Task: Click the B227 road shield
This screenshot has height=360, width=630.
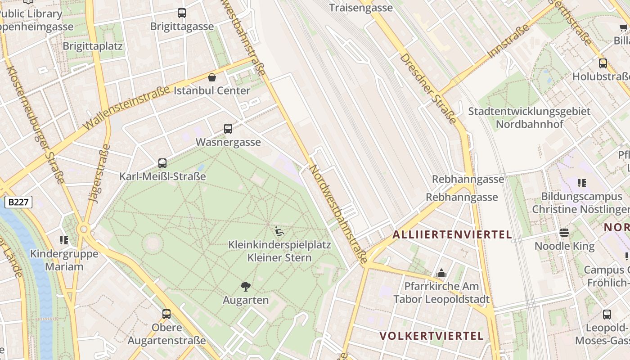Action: point(18,202)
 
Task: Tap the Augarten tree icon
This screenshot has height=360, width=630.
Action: point(246,286)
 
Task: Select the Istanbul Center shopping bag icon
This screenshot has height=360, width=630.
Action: point(212,77)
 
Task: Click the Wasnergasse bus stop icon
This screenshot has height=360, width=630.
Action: point(228,129)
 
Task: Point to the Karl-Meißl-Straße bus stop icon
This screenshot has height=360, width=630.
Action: point(162,163)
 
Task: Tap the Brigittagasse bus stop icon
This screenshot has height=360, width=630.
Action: point(182,13)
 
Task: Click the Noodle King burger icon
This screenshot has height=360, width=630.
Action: point(564,233)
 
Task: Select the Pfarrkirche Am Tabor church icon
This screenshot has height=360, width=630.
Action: point(441,273)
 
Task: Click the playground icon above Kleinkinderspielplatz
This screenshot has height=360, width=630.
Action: point(279,232)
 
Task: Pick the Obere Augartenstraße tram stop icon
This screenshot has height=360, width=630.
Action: point(166,314)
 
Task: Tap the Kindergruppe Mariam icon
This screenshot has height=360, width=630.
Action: point(64,240)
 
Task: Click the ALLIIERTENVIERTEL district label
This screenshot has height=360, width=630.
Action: point(452,234)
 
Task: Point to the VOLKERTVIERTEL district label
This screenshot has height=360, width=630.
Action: point(432,336)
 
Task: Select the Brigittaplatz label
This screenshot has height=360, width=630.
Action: point(93,46)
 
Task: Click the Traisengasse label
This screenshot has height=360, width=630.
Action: point(360,8)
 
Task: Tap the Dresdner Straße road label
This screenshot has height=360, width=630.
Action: point(428,89)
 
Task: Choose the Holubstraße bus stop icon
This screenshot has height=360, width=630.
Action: point(603,63)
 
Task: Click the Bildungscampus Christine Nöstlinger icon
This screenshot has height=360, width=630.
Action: point(582,183)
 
